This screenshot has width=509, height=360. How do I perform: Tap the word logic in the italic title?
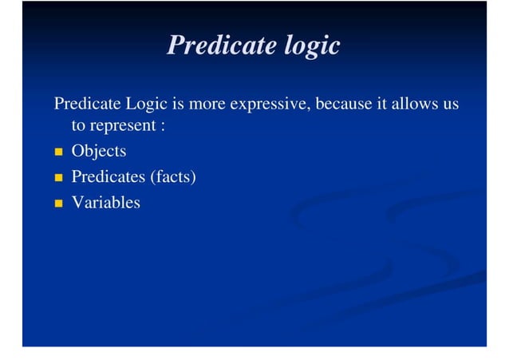(312, 45)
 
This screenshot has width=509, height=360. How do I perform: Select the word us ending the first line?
(450, 105)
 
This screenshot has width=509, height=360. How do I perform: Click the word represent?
(122, 127)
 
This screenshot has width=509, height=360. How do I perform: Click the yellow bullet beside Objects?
(58, 152)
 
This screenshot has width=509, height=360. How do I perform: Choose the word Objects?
(99, 152)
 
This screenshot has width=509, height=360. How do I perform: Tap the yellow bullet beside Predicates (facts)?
(58, 177)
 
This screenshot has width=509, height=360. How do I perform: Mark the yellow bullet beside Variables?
(58, 204)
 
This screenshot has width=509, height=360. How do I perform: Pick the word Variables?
(105, 203)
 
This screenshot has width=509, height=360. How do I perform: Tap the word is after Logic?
(179, 104)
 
